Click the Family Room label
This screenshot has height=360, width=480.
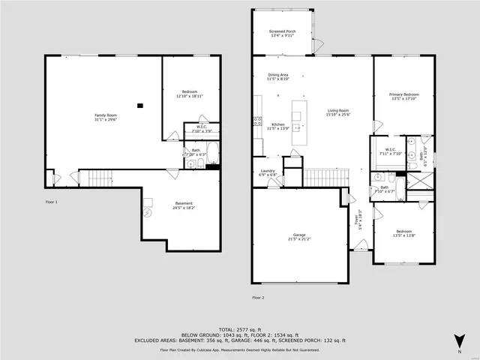(x=106, y=115)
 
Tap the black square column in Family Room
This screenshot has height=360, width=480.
(x=139, y=106)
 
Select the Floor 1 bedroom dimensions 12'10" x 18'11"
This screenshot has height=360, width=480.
(x=189, y=96)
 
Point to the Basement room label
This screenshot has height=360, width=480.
(x=184, y=203)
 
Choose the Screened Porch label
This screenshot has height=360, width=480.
(x=283, y=31)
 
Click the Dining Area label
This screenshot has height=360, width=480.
(x=278, y=74)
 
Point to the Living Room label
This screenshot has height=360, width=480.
(x=337, y=110)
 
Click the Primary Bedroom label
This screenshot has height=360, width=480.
(x=403, y=94)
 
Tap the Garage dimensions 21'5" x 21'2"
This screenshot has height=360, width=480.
(x=298, y=239)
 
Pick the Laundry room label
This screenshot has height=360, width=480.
(x=268, y=170)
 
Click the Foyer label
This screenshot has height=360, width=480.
(x=357, y=220)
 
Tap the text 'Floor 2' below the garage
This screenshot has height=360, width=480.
(x=258, y=298)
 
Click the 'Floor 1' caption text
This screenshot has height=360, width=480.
(x=51, y=202)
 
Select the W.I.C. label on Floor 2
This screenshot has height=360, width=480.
(x=390, y=149)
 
